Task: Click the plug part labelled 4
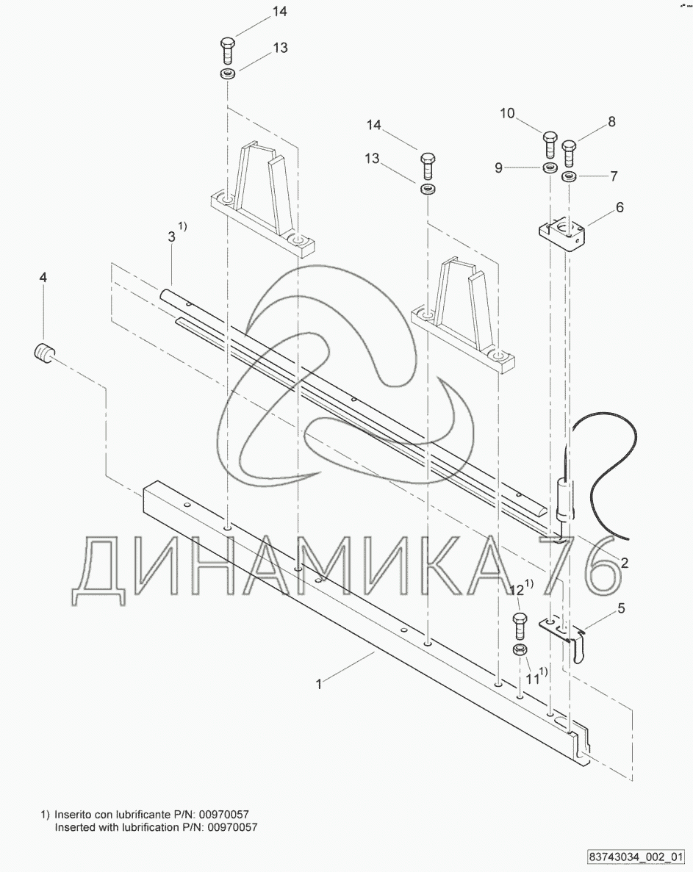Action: click(43, 353)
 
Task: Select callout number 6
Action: click(620, 207)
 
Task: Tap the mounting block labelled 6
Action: click(562, 234)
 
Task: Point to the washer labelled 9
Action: click(550, 167)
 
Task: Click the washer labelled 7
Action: click(569, 177)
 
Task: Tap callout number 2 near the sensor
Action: click(624, 563)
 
